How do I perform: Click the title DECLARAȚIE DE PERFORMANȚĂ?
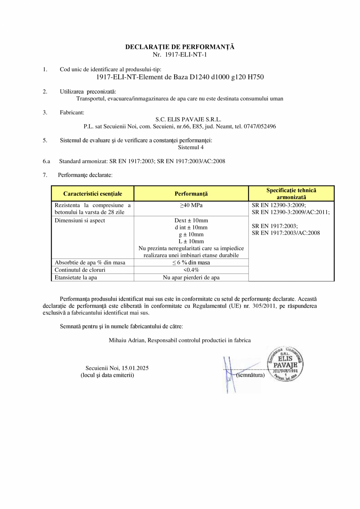180,47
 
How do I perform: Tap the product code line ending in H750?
180,77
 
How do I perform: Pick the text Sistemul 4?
191,148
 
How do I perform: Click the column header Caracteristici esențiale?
93,194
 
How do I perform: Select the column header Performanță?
191,194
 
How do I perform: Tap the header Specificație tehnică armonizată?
291,194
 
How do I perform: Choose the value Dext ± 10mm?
191,220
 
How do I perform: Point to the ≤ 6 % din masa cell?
191,263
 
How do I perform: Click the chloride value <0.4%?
191,270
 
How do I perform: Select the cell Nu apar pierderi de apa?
191,278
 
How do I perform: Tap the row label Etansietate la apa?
76,278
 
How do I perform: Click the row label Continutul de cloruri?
80,270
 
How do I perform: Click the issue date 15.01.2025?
135,368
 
